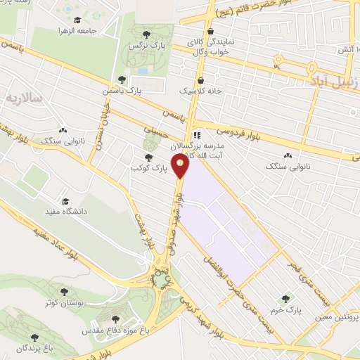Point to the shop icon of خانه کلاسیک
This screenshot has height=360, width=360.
(202, 80)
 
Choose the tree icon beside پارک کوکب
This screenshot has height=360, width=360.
(147, 157)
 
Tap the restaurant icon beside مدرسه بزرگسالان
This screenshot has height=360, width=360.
(198, 135)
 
